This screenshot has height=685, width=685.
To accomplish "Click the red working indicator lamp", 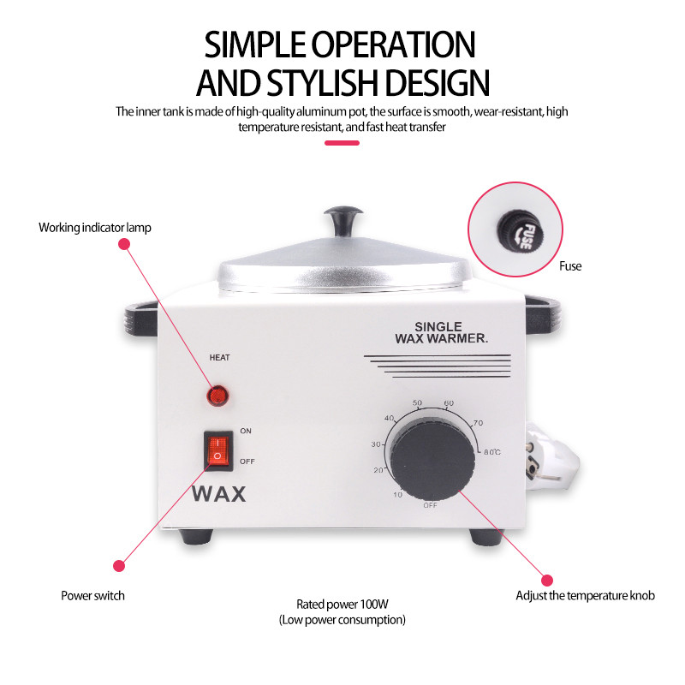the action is point(217,396).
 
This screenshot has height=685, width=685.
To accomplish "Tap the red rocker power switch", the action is point(218,451).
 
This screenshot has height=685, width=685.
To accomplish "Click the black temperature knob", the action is point(432,460).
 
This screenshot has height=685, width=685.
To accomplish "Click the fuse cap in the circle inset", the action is point(520,230).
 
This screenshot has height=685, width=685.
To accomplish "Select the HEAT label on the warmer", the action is point(219,358).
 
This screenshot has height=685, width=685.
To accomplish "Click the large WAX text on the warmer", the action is point(219,494).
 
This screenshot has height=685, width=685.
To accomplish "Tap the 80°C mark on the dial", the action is point(491,452).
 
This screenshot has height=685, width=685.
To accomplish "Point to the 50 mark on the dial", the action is point(417,402).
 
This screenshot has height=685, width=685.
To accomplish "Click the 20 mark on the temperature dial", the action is point(378,470).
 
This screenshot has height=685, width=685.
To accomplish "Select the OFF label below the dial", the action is point(430,505).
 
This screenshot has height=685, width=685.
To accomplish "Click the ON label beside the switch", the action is point(246,431).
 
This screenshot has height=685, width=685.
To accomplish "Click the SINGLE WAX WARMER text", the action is point(441,333).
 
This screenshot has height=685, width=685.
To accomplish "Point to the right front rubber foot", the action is point(486,537).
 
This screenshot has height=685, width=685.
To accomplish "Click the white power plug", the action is point(551,457).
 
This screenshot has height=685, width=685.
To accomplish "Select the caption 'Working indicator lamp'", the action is point(95,228).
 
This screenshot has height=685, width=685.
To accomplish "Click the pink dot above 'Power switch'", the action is point(119,566).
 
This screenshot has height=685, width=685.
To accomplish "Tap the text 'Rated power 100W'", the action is point(342,605).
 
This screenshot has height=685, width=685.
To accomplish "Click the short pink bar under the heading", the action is point(342,143).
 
